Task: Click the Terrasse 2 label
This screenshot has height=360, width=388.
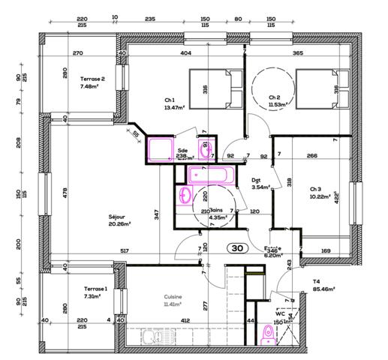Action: tap(92, 82)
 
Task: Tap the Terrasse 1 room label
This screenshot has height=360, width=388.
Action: tap(95, 292)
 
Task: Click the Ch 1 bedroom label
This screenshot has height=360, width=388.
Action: tap(170, 103)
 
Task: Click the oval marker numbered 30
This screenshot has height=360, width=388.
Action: tap(237, 247)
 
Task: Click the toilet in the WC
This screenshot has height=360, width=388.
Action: tap(268, 332)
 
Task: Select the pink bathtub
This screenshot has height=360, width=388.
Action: tap(210, 176)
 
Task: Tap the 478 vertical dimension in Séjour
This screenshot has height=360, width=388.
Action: tap(65, 193)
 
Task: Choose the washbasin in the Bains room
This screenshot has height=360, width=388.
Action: tap(185, 196)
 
